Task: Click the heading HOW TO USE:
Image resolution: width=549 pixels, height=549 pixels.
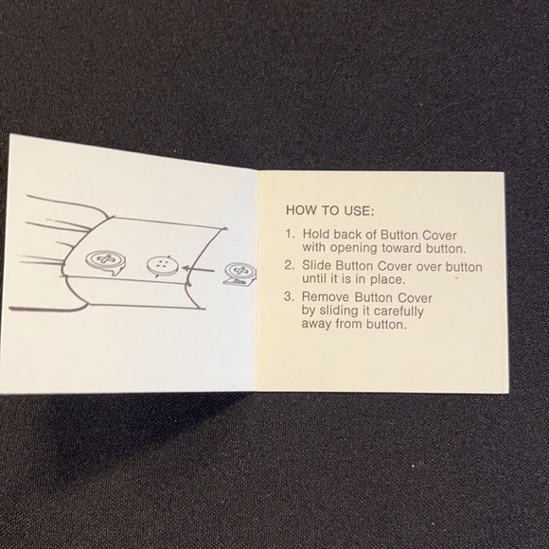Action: coord(329,210)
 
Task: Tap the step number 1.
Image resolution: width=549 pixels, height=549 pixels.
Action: coord(291,234)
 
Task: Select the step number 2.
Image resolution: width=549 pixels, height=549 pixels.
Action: coord(290,265)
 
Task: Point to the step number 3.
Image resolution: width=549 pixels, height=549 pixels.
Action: coord(289,296)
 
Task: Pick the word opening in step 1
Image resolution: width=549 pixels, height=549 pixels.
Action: coord(354,248)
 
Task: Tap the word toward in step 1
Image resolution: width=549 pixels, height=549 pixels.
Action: coord(401,248)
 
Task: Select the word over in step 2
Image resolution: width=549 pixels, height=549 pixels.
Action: coord(428,267)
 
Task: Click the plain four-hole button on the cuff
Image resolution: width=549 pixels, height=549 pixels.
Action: coord(163,266)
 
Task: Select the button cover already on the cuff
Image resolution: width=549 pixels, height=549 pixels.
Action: coord(105,260)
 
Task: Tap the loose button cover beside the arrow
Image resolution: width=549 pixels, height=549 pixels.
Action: coord(240,274)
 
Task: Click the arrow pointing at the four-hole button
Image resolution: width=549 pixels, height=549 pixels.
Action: coord(198,269)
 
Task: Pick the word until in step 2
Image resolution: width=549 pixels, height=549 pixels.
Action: coord(314,278)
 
